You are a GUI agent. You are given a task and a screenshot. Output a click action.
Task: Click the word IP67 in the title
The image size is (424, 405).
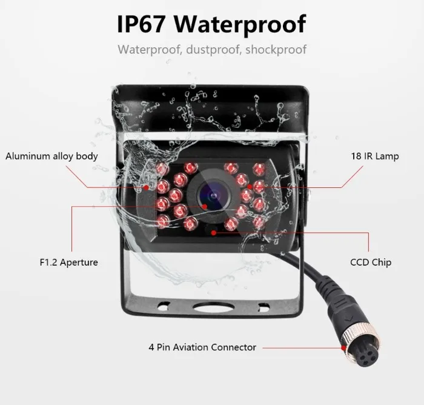click(x=142, y=25)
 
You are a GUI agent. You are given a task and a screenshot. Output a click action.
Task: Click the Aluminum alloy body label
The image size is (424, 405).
click(x=51, y=156)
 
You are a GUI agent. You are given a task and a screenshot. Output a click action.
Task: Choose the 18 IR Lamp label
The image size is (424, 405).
click(x=375, y=156)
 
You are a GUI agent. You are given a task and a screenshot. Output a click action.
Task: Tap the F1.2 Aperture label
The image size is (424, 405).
click(x=68, y=263)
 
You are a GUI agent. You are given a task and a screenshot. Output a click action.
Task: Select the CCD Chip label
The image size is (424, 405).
click(x=371, y=263)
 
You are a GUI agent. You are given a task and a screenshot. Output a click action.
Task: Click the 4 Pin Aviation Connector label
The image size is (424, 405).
click(x=202, y=347)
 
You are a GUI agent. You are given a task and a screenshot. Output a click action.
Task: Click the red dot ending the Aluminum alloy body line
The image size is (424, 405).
click(x=147, y=186)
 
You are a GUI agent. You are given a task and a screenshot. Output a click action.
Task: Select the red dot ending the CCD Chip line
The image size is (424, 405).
click(x=213, y=232)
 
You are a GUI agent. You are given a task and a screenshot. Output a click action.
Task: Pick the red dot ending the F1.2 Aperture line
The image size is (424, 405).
click(x=204, y=207)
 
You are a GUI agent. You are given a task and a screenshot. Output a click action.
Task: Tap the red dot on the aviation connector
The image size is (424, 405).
click(x=343, y=348)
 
